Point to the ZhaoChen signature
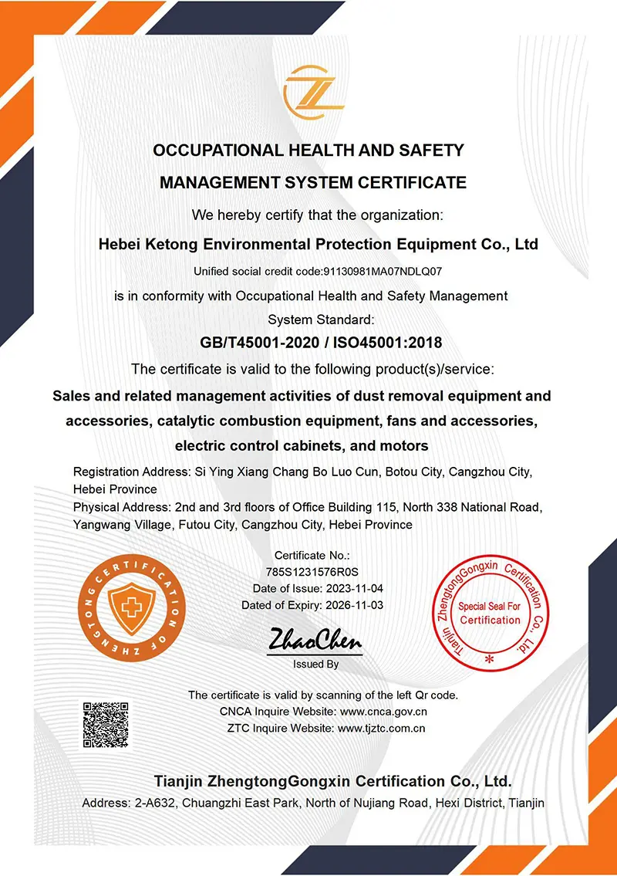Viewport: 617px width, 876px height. point(315,640)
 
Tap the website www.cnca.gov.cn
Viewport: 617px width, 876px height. point(383,712)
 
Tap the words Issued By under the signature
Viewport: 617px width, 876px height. point(315,664)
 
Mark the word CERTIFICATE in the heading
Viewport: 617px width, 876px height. point(415,183)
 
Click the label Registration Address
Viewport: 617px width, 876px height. point(128,471)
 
